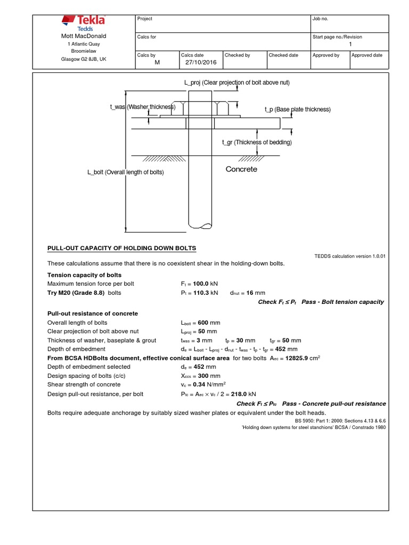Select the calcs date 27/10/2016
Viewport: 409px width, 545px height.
tap(198, 62)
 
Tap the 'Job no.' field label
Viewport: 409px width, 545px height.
tap(320, 19)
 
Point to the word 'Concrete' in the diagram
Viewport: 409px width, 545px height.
tap(241, 169)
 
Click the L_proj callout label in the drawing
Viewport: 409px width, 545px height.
tap(236, 82)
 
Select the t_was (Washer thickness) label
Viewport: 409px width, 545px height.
tap(143, 107)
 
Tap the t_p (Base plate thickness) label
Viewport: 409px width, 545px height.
tap(297, 109)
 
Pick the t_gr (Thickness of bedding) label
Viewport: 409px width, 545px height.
tap(257, 142)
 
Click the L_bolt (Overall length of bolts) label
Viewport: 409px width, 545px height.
tap(125, 172)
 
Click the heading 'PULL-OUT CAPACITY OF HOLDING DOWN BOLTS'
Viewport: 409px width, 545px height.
tap(122, 248)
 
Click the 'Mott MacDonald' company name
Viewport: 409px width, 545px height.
tap(84, 36)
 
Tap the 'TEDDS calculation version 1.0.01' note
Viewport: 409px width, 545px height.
tap(350, 256)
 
